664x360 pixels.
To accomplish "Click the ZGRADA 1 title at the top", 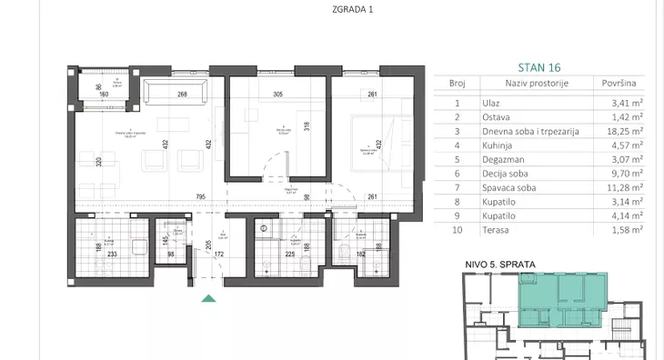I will tap(331, 10).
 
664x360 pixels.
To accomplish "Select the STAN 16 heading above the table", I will tap(539, 66).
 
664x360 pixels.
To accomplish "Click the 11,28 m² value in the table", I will tap(624, 188).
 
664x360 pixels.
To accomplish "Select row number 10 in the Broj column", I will tap(457, 233).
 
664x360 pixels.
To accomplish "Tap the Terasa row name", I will tap(498, 233).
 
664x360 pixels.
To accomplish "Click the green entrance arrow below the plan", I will tap(209, 297).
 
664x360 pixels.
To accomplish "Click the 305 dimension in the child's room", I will tap(278, 94).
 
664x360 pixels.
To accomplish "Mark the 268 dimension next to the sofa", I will tap(182, 94).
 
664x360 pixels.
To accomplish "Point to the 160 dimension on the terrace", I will tap(104, 94).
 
